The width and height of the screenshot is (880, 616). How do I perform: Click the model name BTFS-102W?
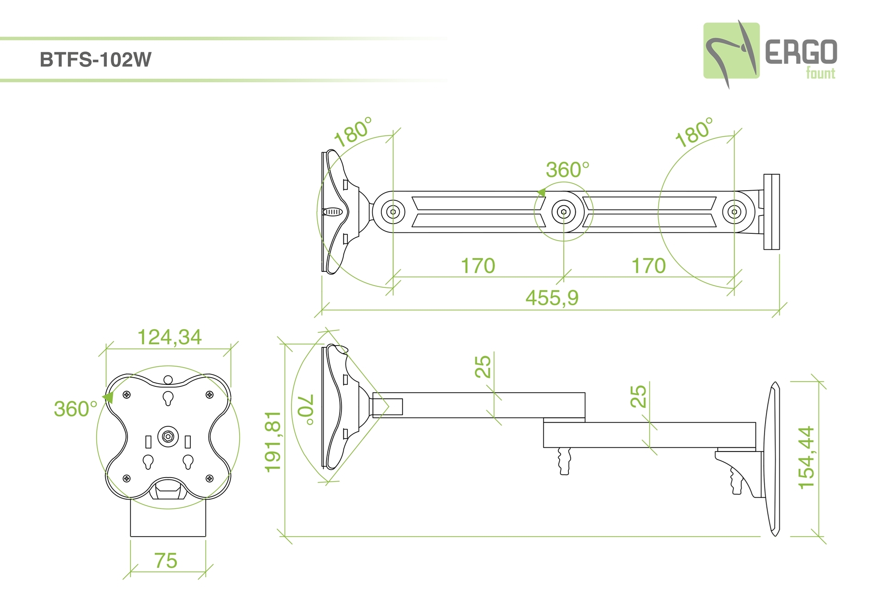click(x=95, y=60)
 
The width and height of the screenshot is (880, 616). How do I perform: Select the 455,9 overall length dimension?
click(x=552, y=298)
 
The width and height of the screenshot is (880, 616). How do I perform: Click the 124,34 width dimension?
click(x=170, y=337)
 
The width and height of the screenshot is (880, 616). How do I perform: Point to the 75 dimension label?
click(x=165, y=561)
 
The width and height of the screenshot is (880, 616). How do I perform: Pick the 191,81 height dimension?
click(x=273, y=441)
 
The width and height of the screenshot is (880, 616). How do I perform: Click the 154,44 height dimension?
click(x=807, y=458)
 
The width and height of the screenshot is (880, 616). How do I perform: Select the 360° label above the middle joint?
click(x=567, y=170)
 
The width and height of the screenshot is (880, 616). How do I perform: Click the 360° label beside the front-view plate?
click(x=76, y=409)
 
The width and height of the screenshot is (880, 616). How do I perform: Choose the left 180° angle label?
click(x=352, y=132)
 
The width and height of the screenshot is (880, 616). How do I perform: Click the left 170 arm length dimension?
click(x=478, y=266)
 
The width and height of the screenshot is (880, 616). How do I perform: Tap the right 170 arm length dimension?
click(x=649, y=266)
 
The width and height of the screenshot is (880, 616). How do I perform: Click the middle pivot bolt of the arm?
click(x=563, y=212)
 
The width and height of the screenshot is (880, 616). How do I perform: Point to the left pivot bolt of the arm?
click(x=393, y=212)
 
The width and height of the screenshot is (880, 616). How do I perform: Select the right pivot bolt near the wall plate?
click(x=734, y=212)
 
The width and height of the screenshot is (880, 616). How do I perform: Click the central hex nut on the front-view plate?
click(x=168, y=436)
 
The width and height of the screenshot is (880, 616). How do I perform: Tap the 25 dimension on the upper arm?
click(x=483, y=367)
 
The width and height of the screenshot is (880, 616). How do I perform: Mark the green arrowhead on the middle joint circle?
click(x=542, y=192)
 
